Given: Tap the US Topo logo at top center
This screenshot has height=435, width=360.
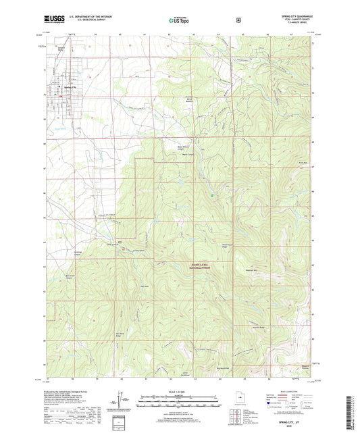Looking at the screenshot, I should (x=180, y=21).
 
